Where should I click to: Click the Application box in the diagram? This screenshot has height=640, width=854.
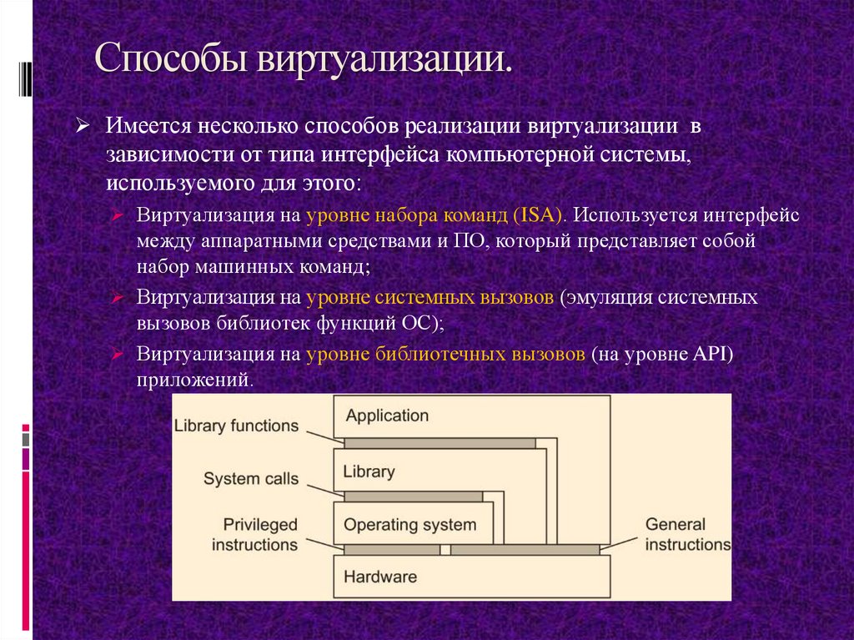pyautogui.click(x=387, y=416)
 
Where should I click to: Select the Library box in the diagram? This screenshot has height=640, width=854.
pyautogui.click(x=369, y=471)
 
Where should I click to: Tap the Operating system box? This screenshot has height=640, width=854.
pyautogui.click(x=410, y=525)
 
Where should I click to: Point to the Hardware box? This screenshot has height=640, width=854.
pyautogui.click(x=380, y=577)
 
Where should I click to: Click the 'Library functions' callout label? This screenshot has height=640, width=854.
pyautogui.click(x=236, y=426)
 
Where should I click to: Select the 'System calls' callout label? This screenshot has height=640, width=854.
pyautogui.click(x=250, y=479)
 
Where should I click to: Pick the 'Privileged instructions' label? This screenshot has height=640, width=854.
pyautogui.click(x=255, y=535)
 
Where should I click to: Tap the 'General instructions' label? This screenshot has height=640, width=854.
pyautogui.click(x=686, y=535)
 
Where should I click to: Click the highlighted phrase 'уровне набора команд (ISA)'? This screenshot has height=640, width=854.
pyautogui.click(x=436, y=214)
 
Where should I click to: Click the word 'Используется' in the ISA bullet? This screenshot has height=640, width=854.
pyautogui.click(x=635, y=214)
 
